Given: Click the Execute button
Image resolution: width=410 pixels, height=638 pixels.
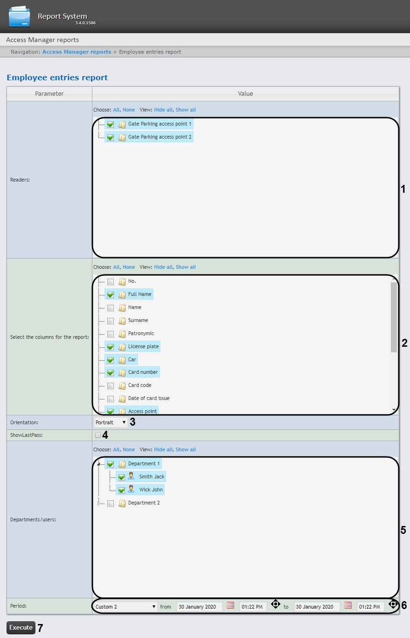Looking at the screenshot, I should click(x=21, y=627).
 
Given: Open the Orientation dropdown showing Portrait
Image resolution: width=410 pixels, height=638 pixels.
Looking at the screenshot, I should click(x=111, y=422).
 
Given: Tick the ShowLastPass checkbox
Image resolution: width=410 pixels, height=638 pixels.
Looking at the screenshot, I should click(x=98, y=435).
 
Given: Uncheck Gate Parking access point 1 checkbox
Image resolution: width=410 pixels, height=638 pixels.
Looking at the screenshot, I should click(x=111, y=124).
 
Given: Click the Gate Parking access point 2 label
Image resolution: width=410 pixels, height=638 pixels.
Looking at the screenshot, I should click(x=160, y=137).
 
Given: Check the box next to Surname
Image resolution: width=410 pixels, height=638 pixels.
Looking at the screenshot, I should click(x=111, y=321).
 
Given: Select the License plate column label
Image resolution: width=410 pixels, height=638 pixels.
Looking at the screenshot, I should click(x=143, y=347).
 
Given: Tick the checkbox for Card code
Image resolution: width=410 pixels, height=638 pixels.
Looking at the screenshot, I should click(x=111, y=386).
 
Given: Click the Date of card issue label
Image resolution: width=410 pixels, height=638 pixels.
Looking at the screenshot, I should click(x=149, y=399).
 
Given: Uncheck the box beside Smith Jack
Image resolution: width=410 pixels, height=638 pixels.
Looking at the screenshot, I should click(x=122, y=477).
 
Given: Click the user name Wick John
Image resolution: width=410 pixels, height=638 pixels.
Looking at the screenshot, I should click(x=151, y=490).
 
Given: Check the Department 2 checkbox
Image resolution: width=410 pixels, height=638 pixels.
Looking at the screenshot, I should click(x=111, y=503).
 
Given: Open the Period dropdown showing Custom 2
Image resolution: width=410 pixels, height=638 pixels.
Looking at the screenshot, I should click(x=125, y=607).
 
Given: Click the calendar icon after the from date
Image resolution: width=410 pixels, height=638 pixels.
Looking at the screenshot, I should click(x=230, y=605).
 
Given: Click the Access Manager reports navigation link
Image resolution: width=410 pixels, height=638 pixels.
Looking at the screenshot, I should click(x=76, y=52).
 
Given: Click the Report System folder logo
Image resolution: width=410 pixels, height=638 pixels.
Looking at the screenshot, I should click(x=20, y=17).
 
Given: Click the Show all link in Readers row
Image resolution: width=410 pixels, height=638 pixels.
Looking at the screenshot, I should click(x=186, y=110).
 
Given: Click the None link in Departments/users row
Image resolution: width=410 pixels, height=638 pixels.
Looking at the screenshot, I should click(x=129, y=449).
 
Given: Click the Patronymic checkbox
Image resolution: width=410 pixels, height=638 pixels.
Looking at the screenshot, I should click(x=111, y=334).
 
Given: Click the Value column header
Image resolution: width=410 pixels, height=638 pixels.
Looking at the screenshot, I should click(x=245, y=93).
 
